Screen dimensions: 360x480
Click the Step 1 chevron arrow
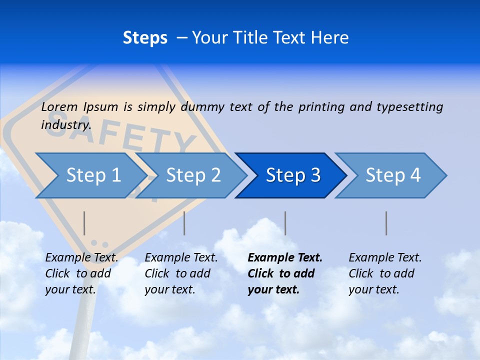click(x=90, y=175)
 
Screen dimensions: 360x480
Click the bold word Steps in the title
click(x=145, y=38)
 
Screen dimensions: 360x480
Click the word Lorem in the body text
click(x=59, y=107)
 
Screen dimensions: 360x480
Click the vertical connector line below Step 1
click(x=84, y=223)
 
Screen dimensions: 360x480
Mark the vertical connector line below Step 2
click(x=184, y=223)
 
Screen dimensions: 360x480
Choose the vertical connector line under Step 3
click(x=285, y=223)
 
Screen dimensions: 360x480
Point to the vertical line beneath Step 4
click(x=386, y=223)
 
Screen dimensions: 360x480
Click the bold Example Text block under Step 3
click(x=284, y=273)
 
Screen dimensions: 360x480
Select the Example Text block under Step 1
click(x=81, y=273)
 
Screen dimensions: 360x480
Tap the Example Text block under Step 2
click(x=180, y=273)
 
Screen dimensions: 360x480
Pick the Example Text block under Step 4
click(x=384, y=273)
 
